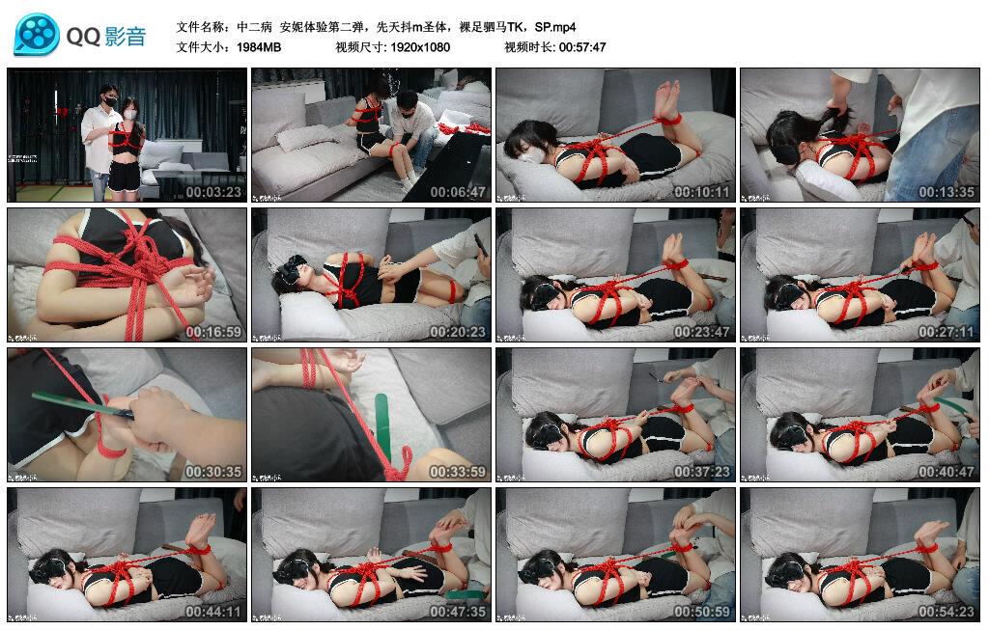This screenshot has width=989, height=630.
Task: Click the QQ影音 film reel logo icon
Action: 36,35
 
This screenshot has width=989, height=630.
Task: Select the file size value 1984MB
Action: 259,47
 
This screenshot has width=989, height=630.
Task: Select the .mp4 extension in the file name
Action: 561,27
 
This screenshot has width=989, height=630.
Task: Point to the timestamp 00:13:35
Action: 947,192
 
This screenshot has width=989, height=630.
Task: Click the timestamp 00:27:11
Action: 947,332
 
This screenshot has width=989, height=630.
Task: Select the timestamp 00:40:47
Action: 947,472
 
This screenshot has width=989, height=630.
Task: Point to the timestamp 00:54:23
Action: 947,612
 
